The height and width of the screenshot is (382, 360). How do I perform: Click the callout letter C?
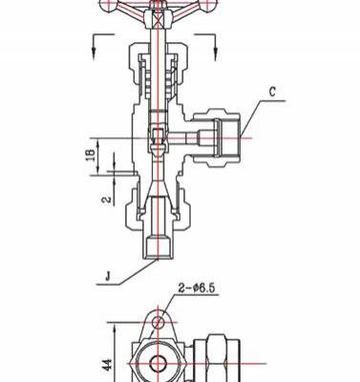click(272, 92)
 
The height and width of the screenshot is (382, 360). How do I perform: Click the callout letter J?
click(108, 276)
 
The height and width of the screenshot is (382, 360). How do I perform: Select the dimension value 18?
click(92, 155)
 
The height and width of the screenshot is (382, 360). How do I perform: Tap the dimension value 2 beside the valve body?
click(107, 200)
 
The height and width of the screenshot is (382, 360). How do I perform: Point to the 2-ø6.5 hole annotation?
click(197, 288)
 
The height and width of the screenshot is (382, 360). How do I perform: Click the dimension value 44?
click(108, 365)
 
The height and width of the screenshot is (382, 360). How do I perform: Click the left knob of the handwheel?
click(108, 5)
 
